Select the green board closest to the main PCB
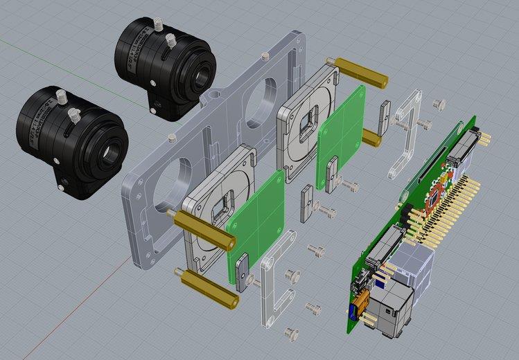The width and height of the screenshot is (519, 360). click(x=342, y=138)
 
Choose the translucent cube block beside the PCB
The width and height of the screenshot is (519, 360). click(x=414, y=267)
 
